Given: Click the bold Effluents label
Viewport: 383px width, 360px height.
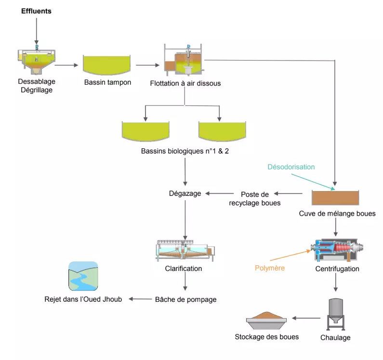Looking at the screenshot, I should (36, 11).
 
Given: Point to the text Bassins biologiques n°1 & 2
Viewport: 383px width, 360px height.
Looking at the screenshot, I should (185, 151).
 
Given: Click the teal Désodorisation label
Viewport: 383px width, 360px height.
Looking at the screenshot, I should (291, 167).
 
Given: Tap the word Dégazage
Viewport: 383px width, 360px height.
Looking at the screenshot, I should (185, 193).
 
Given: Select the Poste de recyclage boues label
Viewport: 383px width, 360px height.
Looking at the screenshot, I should (261, 198).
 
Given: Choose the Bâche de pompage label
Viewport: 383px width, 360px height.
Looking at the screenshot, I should (185, 299).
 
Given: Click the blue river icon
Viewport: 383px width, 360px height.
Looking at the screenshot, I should (83, 276).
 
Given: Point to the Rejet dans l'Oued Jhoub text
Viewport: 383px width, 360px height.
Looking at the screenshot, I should (83, 299).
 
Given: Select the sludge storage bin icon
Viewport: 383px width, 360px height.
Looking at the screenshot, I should (266, 318).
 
